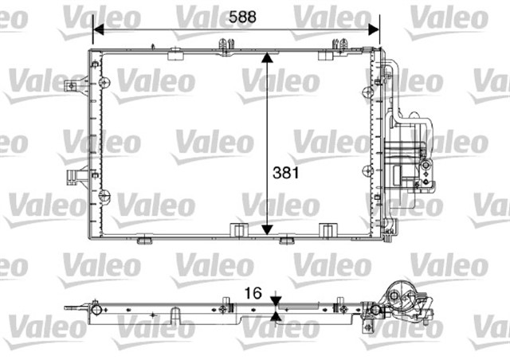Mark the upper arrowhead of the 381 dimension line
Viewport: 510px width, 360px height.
coord(268,58)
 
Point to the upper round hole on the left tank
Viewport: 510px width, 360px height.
coord(104,82)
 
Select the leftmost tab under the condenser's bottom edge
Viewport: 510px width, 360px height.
coord(144,239)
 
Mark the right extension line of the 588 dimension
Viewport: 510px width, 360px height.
coord(376,36)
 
